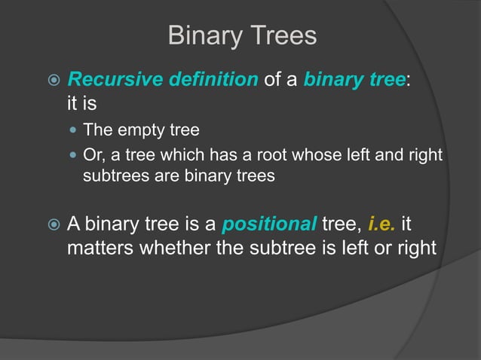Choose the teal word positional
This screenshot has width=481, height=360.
point(269,224)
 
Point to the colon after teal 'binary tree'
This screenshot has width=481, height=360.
point(409,80)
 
